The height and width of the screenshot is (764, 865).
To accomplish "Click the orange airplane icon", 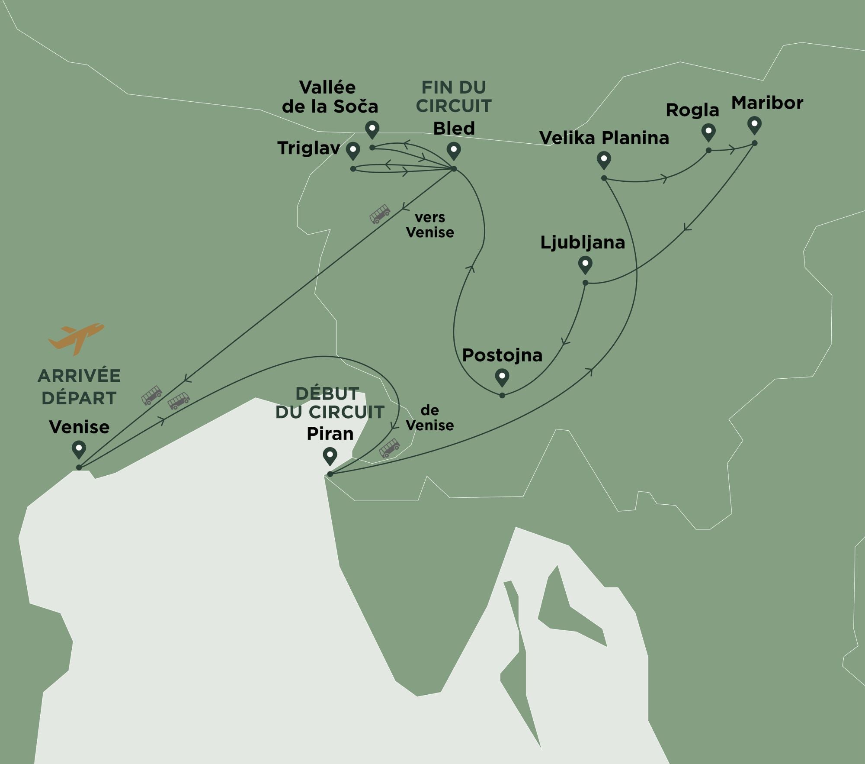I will [x=76, y=338].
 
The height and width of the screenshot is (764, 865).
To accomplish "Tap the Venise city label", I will [x=79, y=427].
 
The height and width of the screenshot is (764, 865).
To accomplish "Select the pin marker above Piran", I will [x=330, y=456].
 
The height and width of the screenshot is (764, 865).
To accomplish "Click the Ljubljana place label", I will [x=583, y=242].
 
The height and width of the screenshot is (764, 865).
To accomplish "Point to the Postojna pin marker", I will [x=502, y=377].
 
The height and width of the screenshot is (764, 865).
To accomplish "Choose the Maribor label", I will [x=767, y=103].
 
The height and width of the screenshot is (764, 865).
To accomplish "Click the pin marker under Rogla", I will [x=708, y=132].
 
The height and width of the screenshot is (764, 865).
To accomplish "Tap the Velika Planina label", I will [x=604, y=138].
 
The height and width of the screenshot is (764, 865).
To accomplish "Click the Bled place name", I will [x=454, y=128].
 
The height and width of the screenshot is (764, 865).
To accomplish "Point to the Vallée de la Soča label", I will [x=330, y=97].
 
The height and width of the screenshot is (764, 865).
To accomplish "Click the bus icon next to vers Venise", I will [x=380, y=214].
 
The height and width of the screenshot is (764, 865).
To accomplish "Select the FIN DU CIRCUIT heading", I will [x=454, y=97].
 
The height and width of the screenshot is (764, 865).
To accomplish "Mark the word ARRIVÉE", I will [x=79, y=376].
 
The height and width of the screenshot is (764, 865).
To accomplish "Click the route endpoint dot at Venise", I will [x=79, y=467].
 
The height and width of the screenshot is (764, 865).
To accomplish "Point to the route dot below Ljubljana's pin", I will [x=585, y=283].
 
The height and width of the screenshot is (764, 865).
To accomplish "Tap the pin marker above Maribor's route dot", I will [x=754, y=125].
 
